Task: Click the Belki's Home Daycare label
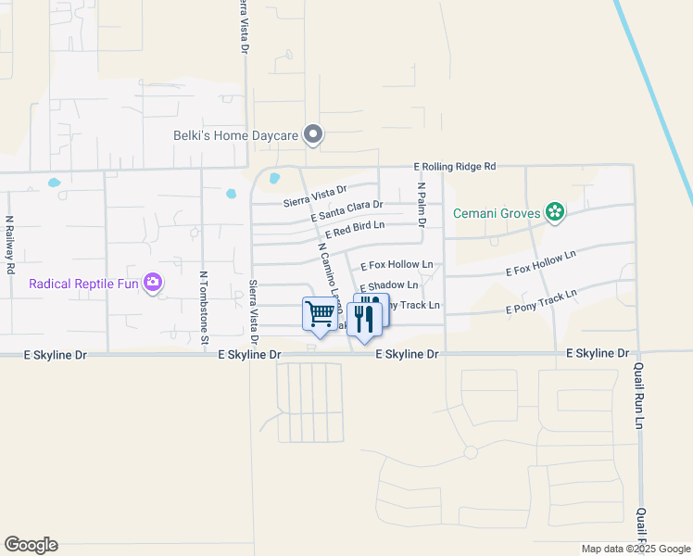click(236, 135)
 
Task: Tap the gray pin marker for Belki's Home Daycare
click(313, 135)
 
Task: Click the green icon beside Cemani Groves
click(555, 213)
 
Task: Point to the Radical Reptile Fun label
click(83, 283)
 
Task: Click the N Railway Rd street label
click(10, 245)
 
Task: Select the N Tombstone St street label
click(203, 308)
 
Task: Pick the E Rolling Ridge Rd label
click(455, 167)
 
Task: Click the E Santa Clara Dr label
click(347, 210)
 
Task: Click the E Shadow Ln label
click(388, 285)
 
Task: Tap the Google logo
click(31, 545)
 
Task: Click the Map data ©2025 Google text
click(635, 549)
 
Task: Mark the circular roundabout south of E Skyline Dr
click(471, 452)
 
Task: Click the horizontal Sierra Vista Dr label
click(314, 192)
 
